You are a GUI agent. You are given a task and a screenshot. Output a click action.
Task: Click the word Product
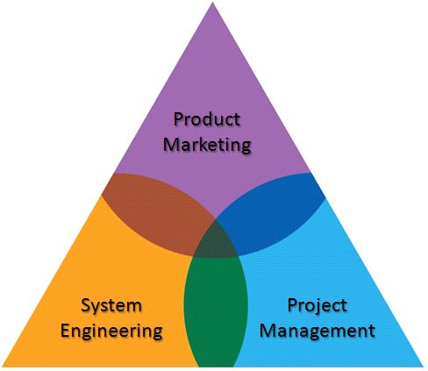(x=207, y=119)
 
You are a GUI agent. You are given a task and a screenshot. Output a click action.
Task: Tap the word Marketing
(x=207, y=145)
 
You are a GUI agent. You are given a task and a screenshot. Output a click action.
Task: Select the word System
(x=111, y=306)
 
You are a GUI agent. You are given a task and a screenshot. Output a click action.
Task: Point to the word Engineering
(x=111, y=332)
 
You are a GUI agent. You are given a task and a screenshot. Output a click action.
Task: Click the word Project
(x=317, y=306)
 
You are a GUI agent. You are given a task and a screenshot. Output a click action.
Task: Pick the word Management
(x=317, y=331)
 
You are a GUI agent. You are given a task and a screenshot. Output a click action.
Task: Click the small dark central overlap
(x=216, y=239)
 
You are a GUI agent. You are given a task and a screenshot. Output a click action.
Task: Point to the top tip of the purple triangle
(x=213, y=3)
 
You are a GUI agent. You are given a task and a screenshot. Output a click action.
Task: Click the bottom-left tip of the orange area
(x=3, y=366)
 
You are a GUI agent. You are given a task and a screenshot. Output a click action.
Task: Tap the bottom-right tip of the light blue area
(x=424, y=366)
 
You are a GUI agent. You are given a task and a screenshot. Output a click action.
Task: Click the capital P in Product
(x=177, y=119)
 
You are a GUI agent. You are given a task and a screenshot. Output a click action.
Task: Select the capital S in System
(x=86, y=305)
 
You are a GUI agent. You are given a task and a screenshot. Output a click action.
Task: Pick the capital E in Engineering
(x=65, y=331)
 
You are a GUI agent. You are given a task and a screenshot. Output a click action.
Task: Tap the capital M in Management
(x=267, y=331)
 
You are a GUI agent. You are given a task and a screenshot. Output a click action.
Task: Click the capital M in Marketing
(x=171, y=144)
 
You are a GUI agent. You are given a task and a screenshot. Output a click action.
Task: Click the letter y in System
(x=96, y=309)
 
